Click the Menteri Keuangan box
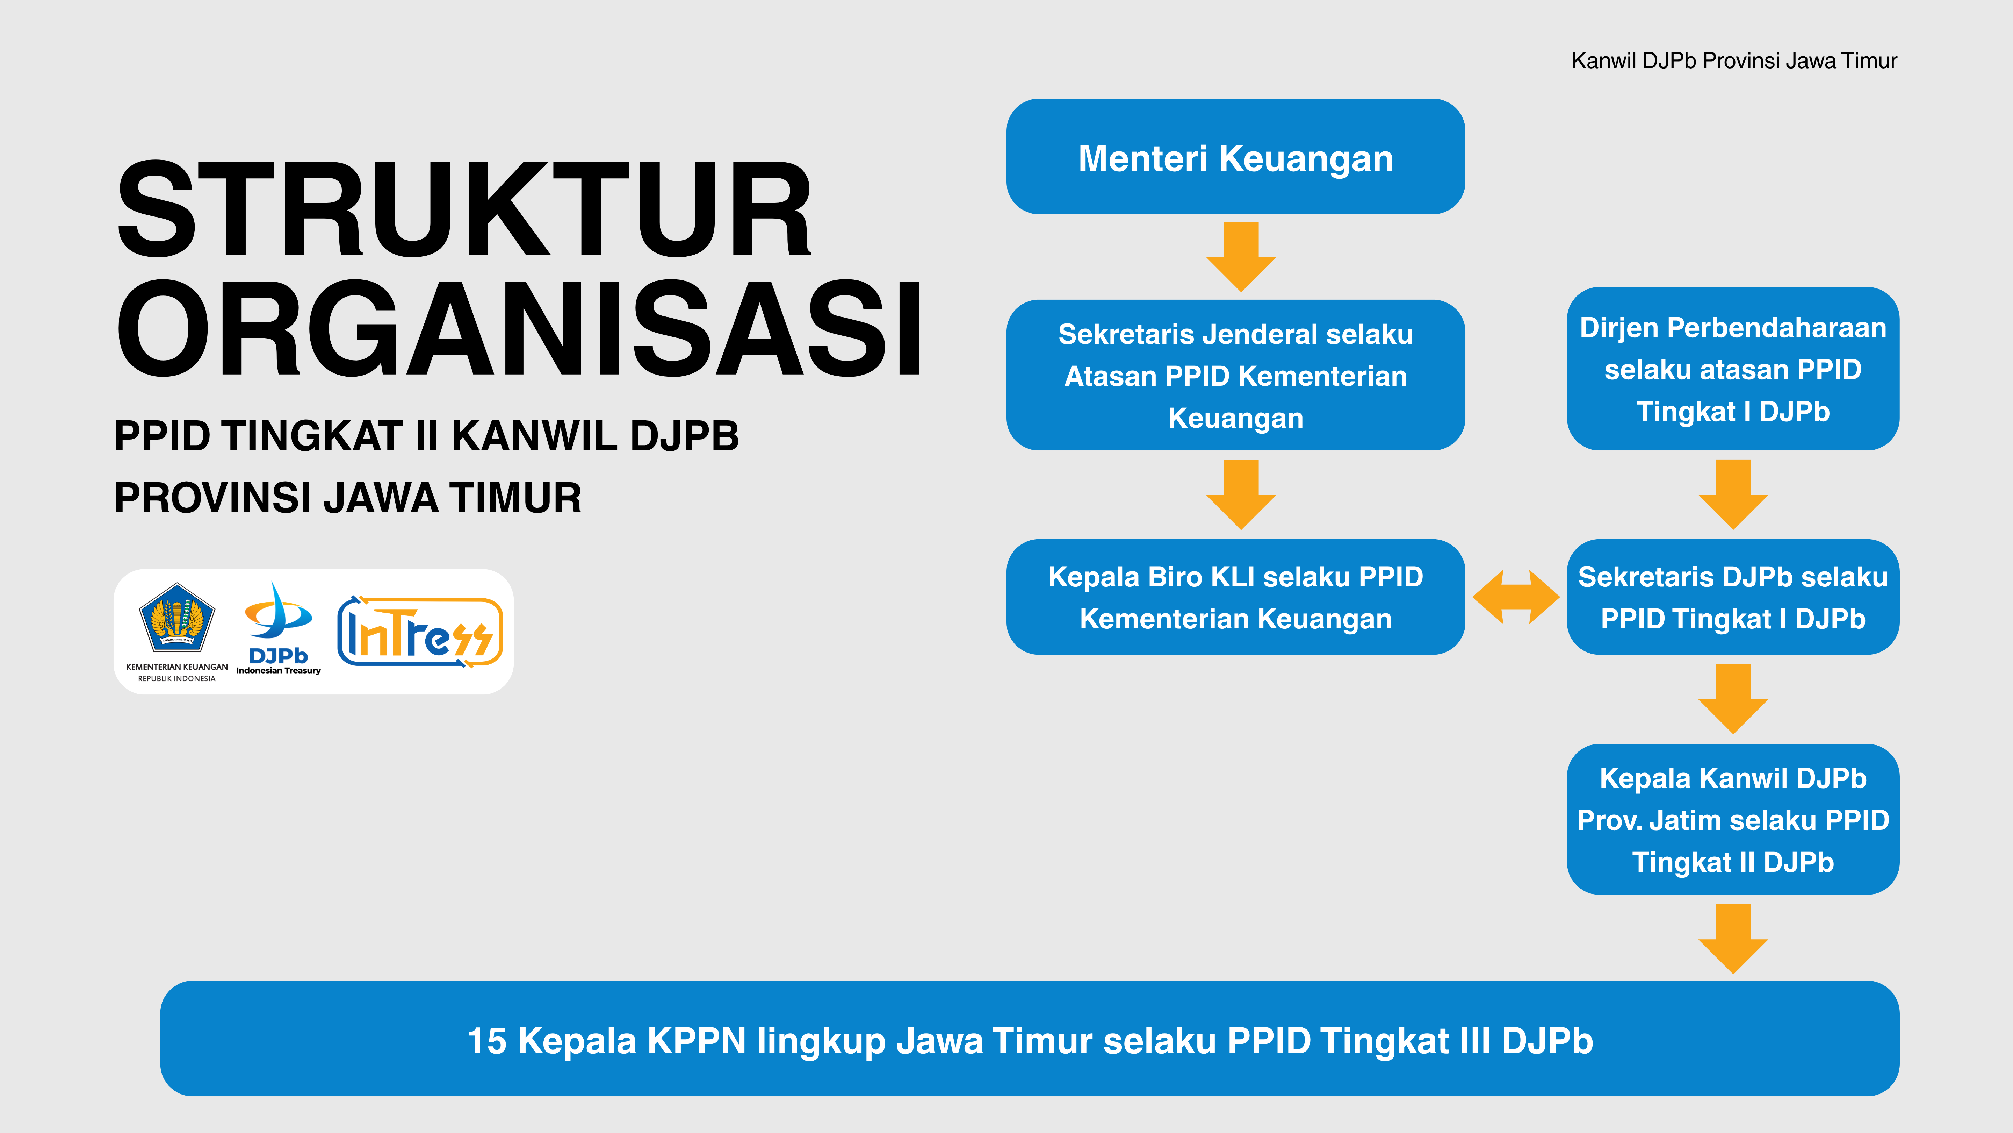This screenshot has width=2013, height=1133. pos(1235,156)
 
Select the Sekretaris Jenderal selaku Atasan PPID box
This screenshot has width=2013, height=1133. pos(1235,375)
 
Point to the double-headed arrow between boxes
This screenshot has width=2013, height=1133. pos(1516,597)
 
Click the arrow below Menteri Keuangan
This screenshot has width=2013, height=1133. pos(1241,256)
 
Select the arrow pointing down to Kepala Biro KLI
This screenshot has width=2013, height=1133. pos(1241,494)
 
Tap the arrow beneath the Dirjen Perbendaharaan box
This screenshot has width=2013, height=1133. pos(1733,494)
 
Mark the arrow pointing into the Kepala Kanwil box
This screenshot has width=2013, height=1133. pos(1733,699)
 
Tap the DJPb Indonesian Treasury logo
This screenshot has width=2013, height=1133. pos(278,628)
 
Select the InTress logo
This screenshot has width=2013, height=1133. pos(420,632)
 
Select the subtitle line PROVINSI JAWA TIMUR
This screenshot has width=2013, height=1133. pos(348,498)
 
